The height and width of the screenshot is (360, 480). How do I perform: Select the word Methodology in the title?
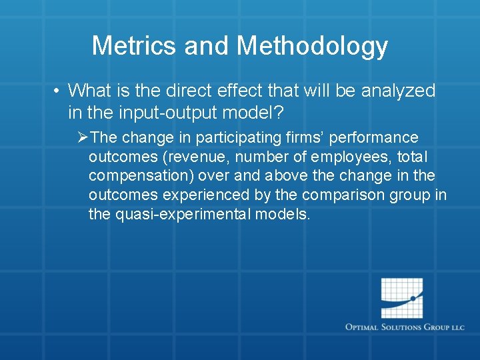tap(312, 46)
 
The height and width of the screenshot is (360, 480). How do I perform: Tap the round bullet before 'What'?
tap(59, 91)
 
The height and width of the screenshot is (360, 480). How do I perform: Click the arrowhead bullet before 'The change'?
tap(82, 138)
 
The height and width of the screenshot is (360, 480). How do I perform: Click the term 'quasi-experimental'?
tap(179, 215)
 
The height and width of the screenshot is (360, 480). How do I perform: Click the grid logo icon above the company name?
tap(401, 298)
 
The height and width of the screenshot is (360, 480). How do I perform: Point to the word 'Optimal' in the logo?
tap(363, 327)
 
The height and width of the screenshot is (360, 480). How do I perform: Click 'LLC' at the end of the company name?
tap(457, 327)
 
